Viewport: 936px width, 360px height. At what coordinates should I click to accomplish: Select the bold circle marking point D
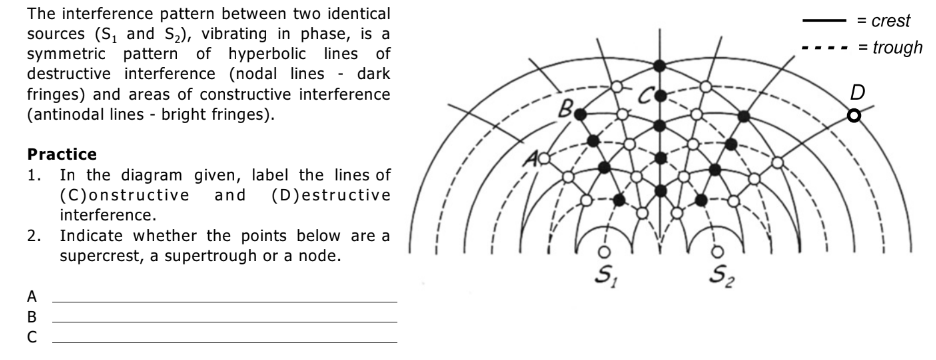point(853,116)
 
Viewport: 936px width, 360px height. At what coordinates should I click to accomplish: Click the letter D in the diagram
point(857,93)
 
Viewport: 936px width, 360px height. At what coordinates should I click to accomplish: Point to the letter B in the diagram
point(565,101)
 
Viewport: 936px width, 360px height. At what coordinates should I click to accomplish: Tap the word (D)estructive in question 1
point(320,193)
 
